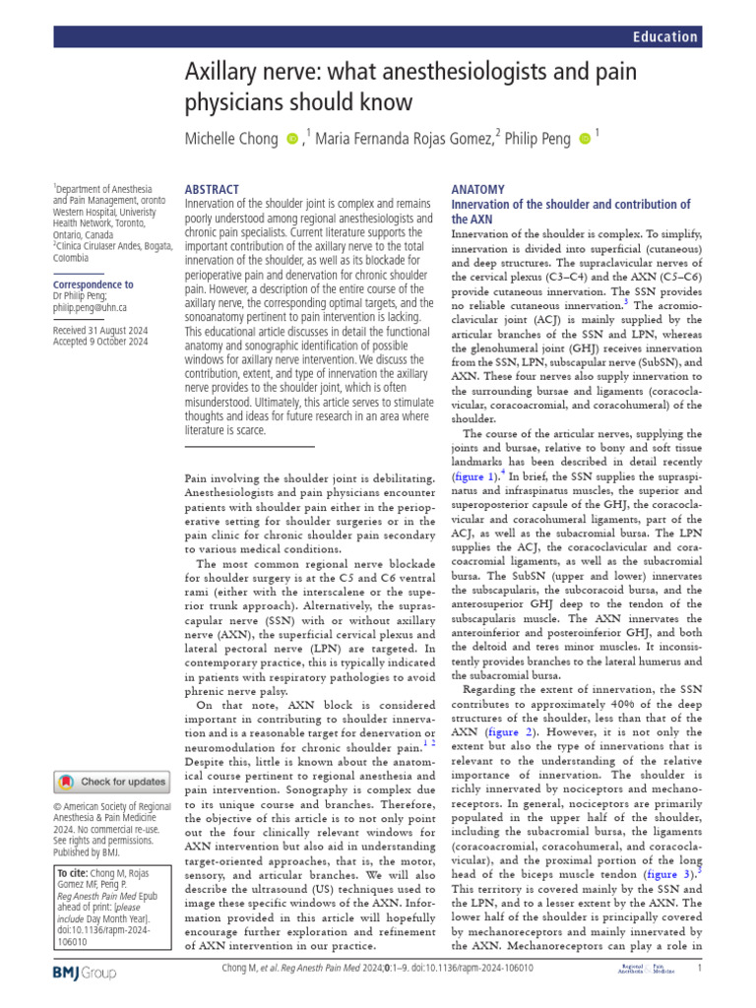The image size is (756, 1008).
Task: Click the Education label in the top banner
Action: click(665, 36)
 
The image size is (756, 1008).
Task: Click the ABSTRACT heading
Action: click(212, 189)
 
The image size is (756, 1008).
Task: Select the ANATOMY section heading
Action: click(477, 189)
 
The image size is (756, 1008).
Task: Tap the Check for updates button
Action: click(111, 782)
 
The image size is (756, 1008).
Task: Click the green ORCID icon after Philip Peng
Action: click(585, 140)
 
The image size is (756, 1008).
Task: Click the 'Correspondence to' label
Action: click(93, 284)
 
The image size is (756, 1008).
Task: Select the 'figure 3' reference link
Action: click(667, 873)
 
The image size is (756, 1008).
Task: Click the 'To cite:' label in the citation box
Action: click(74, 873)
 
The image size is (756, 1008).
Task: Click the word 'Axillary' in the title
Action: click(224, 72)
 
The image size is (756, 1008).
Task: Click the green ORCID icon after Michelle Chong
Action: click(291, 140)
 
